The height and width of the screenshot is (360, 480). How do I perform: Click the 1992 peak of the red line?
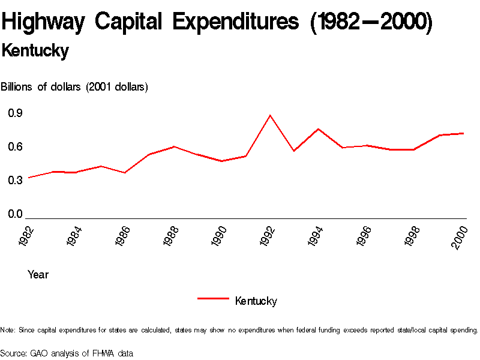(x=270, y=115)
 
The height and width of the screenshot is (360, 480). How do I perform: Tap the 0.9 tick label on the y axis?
(x=15, y=113)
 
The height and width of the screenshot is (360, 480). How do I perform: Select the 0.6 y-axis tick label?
(x=15, y=147)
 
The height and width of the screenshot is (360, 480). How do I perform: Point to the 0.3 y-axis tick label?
(x=15, y=181)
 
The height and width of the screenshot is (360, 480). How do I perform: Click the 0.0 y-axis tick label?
(x=15, y=214)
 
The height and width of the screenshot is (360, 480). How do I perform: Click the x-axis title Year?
(x=38, y=275)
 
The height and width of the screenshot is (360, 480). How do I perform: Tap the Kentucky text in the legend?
(x=256, y=301)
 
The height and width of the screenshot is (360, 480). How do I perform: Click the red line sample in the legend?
(x=213, y=298)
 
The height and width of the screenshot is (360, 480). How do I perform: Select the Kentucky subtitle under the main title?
(x=35, y=51)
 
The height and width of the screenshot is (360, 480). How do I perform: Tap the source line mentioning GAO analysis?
(x=67, y=353)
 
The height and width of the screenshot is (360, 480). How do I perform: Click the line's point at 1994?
(x=319, y=129)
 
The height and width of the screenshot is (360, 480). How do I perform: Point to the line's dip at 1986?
(x=124, y=173)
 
